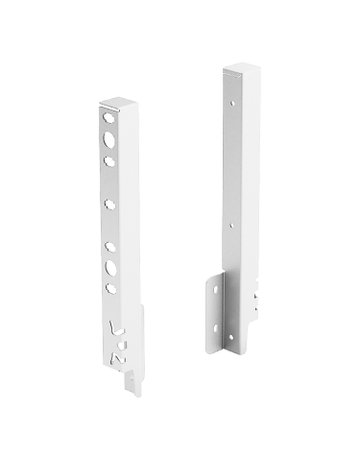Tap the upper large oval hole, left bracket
coord(105,137)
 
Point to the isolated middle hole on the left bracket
coord(108,205)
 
